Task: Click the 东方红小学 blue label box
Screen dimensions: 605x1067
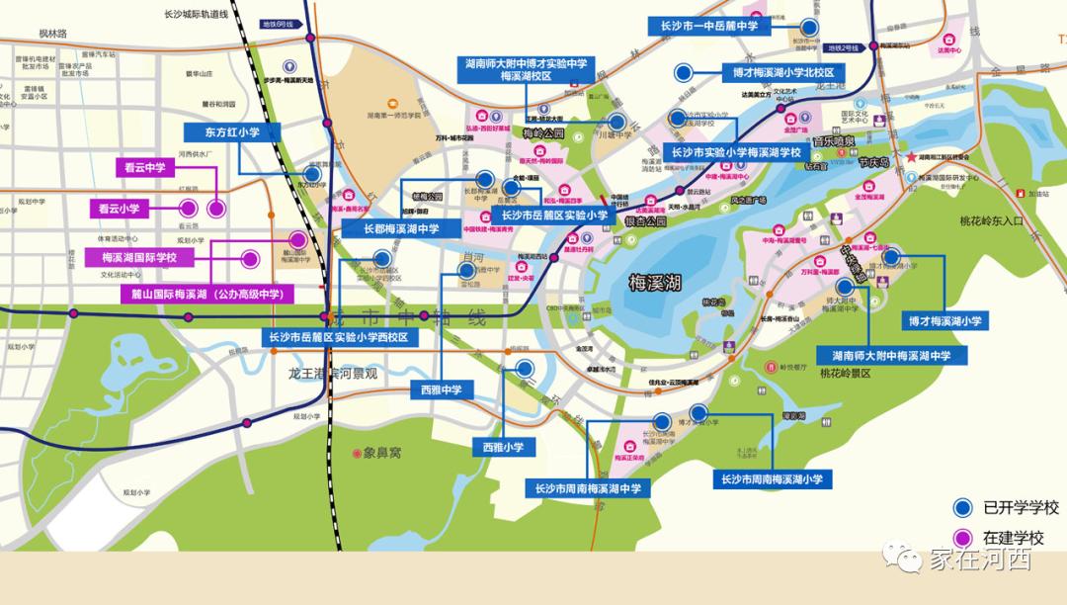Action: [232, 131]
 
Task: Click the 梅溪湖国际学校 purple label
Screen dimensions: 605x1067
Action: [139, 258]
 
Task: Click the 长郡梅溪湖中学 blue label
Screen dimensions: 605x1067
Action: [401, 228]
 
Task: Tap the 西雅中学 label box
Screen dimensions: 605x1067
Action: [441, 389]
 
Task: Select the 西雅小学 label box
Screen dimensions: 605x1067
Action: [503, 448]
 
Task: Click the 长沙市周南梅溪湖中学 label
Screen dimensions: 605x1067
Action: [588, 488]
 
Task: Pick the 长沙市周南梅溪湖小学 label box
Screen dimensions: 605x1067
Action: [773, 479]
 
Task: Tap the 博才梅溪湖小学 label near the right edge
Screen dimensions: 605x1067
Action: [945, 321]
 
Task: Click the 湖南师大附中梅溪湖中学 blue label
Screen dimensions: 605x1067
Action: [884, 355]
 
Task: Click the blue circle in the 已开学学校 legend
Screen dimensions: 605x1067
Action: [961, 508]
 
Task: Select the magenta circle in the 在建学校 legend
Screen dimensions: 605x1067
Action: [961, 538]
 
